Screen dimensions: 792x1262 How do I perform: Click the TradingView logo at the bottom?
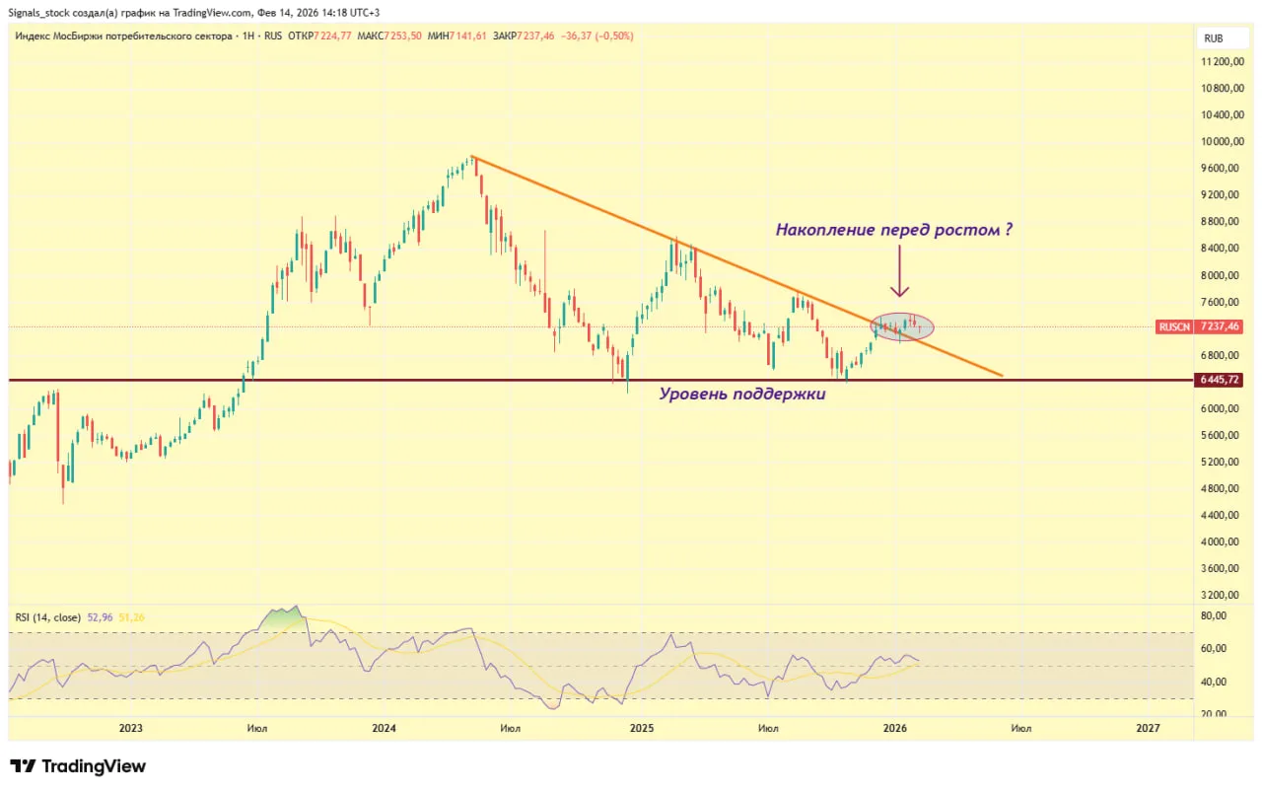click(78, 766)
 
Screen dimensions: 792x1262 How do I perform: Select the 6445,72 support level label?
click(1219, 380)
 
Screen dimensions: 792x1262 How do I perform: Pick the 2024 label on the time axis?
click(385, 728)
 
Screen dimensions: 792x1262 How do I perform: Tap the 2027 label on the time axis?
click(1148, 728)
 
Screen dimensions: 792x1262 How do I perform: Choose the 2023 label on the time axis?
click(130, 728)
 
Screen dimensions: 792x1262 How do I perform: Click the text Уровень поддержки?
click(741, 394)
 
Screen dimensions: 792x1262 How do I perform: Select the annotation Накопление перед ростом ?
click(894, 230)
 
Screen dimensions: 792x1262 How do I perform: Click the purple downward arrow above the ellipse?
click(899, 272)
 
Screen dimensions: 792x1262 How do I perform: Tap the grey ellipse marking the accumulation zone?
click(901, 325)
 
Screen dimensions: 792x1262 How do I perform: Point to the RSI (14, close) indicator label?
click(48, 617)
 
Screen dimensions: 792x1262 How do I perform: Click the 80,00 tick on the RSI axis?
click(1214, 615)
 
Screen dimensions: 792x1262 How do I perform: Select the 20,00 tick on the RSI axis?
click(1214, 714)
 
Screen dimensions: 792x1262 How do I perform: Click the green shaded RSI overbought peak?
click(281, 617)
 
